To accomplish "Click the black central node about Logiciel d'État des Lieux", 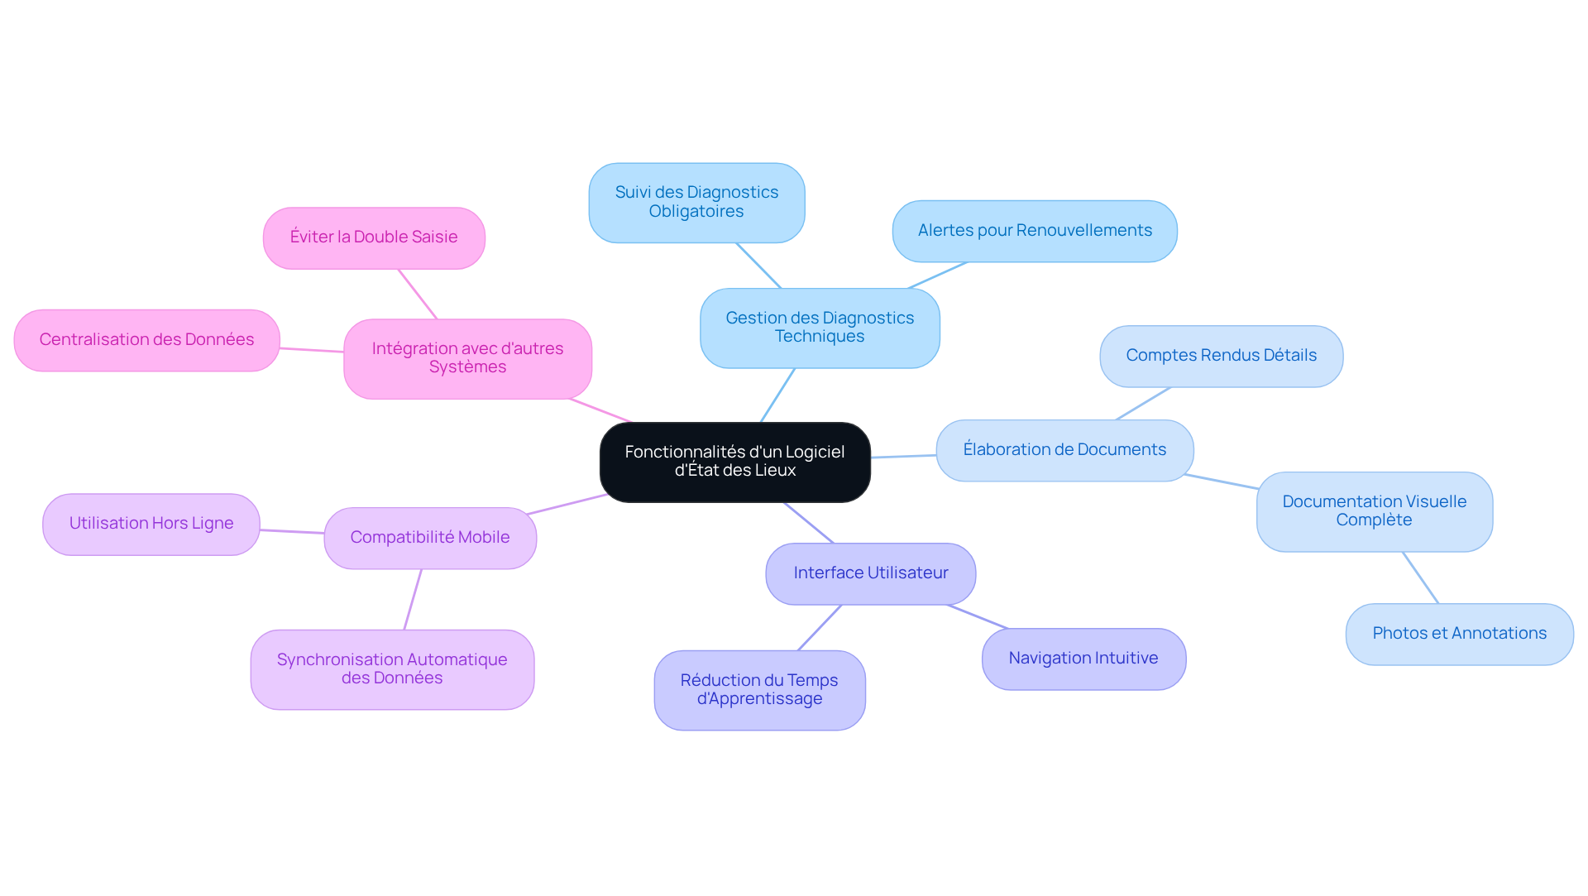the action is click(734, 462).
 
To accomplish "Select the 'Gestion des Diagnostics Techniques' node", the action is click(820, 328).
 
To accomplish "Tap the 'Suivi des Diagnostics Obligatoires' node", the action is click(696, 203).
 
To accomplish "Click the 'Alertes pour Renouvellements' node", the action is click(1035, 231).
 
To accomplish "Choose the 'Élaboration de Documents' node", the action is click(1064, 450).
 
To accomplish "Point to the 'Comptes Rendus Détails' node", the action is click(1221, 356).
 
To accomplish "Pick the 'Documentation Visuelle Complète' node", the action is click(1375, 511).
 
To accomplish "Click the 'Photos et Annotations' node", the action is click(1459, 634).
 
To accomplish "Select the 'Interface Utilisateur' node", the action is click(871, 573).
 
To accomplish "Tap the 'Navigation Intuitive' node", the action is click(1083, 659).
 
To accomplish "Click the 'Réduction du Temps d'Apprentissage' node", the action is click(759, 690).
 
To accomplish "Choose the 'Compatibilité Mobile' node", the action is click(430, 538).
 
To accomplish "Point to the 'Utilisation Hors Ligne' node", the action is click(151, 524).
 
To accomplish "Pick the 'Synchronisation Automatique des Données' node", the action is click(392, 669).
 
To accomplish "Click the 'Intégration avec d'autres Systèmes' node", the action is click(467, 358).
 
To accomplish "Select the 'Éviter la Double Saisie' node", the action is click(374, 237).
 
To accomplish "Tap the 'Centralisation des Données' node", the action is click(146, 340).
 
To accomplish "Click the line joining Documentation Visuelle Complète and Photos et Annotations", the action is click(1421, 577).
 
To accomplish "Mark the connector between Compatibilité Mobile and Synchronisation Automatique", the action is click(413, 599).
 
